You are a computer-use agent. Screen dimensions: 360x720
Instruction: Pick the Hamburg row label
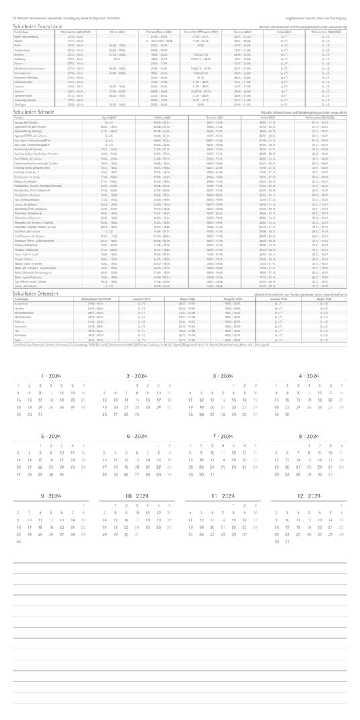point(20,58)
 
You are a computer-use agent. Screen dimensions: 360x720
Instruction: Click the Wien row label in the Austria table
point(17,341)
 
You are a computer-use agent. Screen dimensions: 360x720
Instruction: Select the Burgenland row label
point(22,303)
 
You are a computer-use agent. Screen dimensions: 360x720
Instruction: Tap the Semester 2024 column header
point(141,298)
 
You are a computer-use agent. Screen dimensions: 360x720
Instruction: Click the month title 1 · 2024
point(50,375)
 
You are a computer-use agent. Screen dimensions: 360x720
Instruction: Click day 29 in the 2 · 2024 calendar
point(137,414)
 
